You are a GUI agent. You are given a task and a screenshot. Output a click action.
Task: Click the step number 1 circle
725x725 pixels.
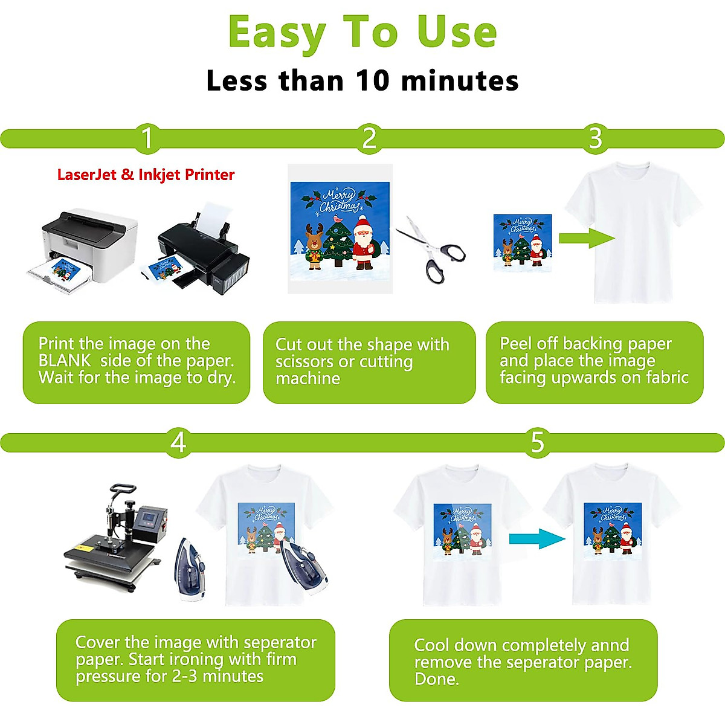point(147,138)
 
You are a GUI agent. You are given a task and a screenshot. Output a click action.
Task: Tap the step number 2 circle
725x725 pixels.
point(369,138)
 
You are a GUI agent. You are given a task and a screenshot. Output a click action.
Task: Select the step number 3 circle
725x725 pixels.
point(595,138)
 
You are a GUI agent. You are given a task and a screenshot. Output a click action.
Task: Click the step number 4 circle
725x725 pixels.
point(178,443)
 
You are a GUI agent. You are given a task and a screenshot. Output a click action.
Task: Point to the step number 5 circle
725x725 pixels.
point(537,443)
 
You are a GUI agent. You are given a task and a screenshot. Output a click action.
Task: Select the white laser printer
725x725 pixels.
point(85,248)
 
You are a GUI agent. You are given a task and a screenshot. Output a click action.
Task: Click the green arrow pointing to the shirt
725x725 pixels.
point(586,237)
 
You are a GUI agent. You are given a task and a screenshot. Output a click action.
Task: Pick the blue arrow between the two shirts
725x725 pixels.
point(536,538)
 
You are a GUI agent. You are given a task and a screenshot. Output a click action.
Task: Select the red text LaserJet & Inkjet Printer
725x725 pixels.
point(146,175)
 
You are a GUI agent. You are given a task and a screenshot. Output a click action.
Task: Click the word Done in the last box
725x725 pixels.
point(436,679)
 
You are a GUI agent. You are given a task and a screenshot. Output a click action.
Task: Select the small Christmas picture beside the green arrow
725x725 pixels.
point(523,242)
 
